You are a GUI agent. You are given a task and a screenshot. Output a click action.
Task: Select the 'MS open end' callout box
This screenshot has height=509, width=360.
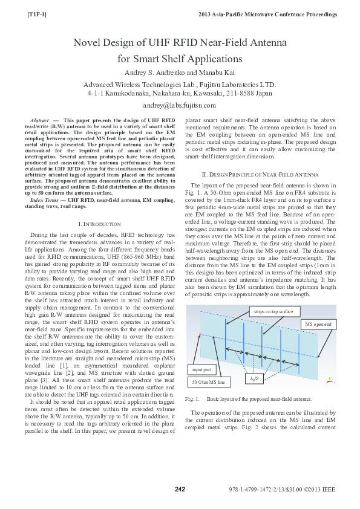(318, 325)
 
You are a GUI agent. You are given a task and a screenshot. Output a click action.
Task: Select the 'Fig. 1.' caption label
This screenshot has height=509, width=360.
(192, 400)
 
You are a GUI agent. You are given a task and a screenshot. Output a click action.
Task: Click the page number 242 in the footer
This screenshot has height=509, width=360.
(180, 489)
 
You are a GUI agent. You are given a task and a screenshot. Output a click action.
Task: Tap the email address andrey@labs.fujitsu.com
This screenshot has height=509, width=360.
(180, 105)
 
